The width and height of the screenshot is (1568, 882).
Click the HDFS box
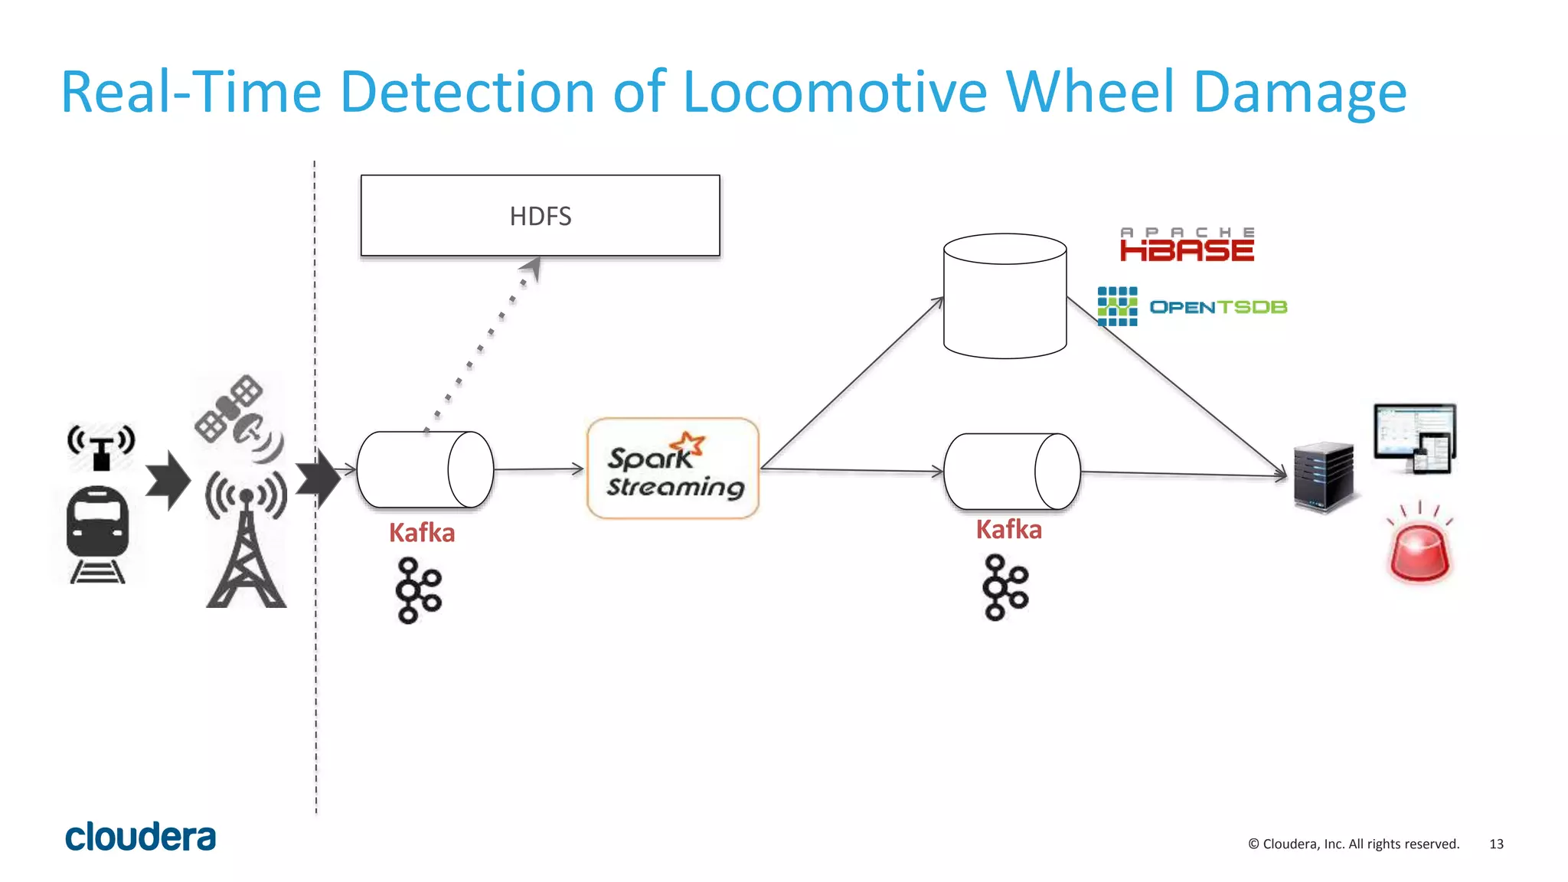click(540, 216)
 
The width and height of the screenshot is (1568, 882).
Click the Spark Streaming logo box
click(673, 469)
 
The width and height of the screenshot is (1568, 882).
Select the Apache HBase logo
click(1187, 245)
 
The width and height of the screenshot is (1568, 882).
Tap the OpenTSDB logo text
click(1217, 307)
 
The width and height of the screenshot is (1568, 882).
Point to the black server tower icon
click(1323, 477)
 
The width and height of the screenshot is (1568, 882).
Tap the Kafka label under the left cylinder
click(422, 533)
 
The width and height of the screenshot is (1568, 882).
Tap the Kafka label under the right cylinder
click(1008, 530)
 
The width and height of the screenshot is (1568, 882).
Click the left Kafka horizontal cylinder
click(425, 469)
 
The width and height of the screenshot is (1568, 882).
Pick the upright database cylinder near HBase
click(1004, 297)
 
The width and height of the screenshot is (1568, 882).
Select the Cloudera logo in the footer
click(141, 838)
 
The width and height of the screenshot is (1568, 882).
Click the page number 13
click(1496, 844)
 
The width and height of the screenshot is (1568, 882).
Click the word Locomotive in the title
click(835, 93)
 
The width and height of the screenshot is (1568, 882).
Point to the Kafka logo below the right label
click(1005, 588)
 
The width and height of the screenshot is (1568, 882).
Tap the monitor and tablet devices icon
click(1415, 439)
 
